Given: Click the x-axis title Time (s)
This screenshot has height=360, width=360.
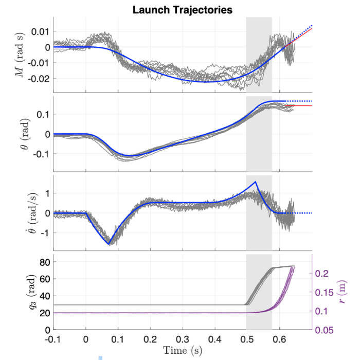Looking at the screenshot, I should tap(183, 350).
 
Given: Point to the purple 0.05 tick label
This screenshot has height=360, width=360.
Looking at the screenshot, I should tap(326, 330).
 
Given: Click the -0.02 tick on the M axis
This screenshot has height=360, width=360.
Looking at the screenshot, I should tap(39, 79).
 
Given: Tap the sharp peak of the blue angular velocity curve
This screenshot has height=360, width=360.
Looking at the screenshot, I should tap(256, 182).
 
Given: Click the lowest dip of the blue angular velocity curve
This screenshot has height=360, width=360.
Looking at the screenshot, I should tap(109, 244).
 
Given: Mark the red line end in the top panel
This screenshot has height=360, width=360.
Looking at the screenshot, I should tap(312, 29).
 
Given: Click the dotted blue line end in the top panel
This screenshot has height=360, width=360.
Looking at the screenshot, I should tap(312, 25).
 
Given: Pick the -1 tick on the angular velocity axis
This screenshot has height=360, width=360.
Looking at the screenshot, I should tap(44, 232).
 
